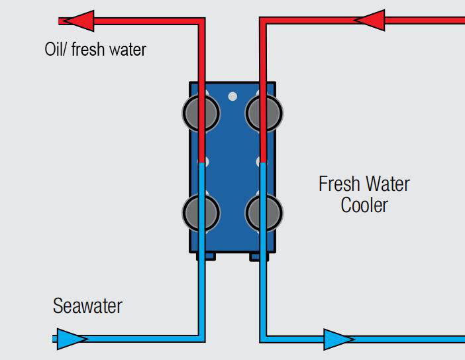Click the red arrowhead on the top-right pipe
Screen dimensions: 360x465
[370, 20]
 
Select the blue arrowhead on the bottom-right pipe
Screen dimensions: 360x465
[339, 339]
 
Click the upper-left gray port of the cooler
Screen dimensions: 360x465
[201, 113]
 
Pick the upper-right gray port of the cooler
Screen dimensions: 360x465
[264, 113]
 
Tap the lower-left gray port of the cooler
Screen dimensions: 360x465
[201, 212]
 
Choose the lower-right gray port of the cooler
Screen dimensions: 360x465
[264, 212]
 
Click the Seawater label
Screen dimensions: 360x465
[87, 306]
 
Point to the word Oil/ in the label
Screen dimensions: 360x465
[57, 49]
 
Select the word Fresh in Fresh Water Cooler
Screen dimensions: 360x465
[338, 184]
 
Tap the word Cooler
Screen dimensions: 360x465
[364, 205]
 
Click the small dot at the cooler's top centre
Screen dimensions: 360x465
[232, 96]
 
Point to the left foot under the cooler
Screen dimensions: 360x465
[205, 256]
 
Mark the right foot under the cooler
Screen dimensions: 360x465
[259, 256]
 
